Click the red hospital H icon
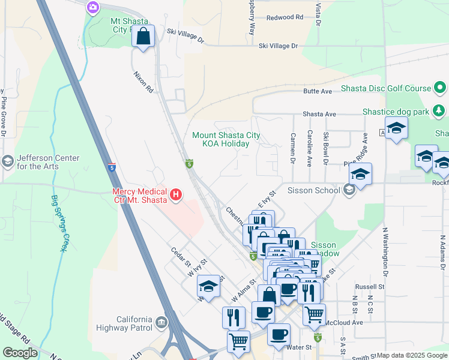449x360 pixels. pos(176,194)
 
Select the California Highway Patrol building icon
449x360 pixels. pos(161,323)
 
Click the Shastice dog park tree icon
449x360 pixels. pos(439,112)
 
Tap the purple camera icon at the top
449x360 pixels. pos(92,7)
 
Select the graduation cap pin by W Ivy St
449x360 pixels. pos(208,287)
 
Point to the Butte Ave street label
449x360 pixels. pos(318,91)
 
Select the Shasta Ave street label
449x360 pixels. pos(319,113)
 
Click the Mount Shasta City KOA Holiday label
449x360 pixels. pos(226,139)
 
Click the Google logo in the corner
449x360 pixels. pos(20,353)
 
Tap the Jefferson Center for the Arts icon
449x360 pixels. pos(8,161)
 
